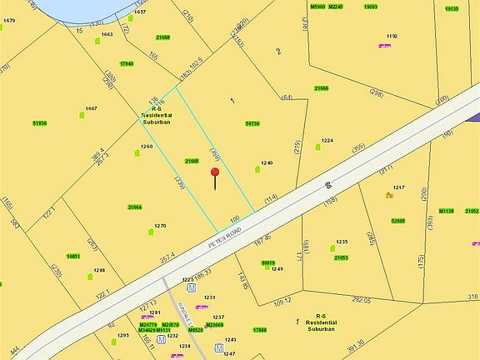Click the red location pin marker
click(x=215, y=173)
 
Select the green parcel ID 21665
click(x=192, y=161)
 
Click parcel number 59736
click(x=252, y=123)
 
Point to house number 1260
click(x=147, y=147)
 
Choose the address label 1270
click(x=160, y=225)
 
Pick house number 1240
click(x=267, y=162)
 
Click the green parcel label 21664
click(x=135, y=207)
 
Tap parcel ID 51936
click(x=39, y=123)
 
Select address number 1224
click(x=327, y=141)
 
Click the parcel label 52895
click(x=397, y=221)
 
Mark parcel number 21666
click(x=322, y=88)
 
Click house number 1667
click(x=91, y=108)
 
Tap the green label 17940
click(x=127, y=63)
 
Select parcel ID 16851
click(x=73, y=256)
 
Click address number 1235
click(x=342, y=242)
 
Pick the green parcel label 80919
click(x=268, y=262)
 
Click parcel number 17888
click(x=260, y=330)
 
